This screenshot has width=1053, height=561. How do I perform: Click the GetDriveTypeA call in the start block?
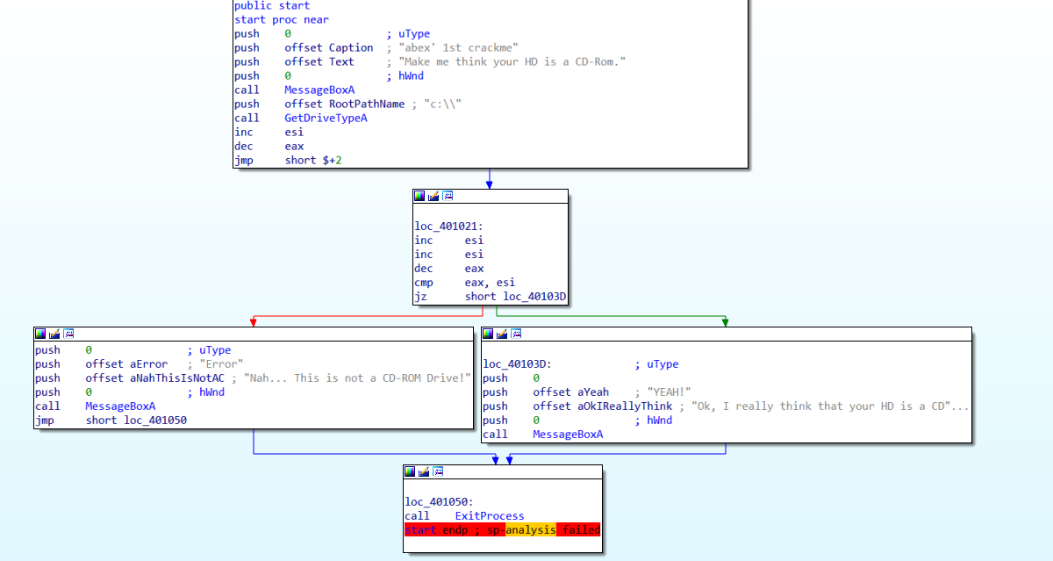click(326, 118)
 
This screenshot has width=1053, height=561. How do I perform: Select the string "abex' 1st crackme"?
click(459, 47)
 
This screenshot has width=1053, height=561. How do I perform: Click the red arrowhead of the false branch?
click(253, 322)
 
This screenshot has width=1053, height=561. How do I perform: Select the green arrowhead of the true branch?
click(725, 322)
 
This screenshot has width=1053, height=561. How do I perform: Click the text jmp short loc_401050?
click(111, 420)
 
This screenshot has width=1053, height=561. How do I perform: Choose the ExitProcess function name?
click(489, 516)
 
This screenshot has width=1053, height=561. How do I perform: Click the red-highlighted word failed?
click(579, 530)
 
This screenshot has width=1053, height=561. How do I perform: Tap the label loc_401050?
click(438, 502)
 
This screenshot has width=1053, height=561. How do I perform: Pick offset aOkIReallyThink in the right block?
click(602, 406)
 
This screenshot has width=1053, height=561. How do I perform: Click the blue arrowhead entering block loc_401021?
click(490, 184)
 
